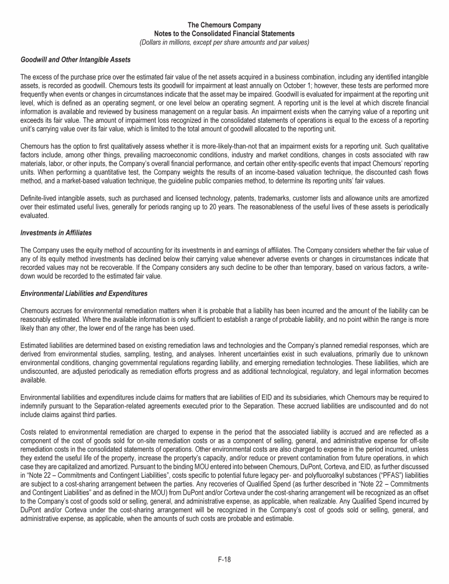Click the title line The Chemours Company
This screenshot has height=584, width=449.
pyautogui.click(x=224, y=26)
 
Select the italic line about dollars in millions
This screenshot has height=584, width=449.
pyautogui.click(x=224, y=42)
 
